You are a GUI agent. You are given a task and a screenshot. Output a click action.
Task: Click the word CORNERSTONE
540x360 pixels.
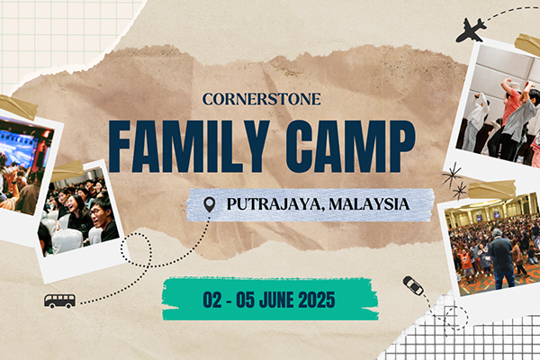[262, 99]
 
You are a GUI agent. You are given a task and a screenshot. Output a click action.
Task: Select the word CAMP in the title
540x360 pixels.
[350, 147]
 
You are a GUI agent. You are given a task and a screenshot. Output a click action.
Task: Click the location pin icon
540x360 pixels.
[210, 204]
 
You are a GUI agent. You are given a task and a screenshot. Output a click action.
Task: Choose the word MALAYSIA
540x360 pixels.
[369, 204]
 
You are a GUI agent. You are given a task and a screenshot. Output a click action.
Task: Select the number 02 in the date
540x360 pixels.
[212, 300]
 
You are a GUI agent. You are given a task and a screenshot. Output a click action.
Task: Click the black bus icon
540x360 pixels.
[59, 301]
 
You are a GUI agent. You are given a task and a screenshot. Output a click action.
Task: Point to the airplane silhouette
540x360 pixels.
[471, 31]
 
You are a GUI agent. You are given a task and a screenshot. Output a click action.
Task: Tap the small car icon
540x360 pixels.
[413, 285]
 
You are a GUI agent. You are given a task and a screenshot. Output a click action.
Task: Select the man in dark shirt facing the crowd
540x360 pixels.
[500, 256]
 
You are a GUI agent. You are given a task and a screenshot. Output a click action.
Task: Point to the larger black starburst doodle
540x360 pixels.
[452, 175]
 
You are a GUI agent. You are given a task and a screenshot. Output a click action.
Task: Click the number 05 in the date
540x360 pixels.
[245, 300]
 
